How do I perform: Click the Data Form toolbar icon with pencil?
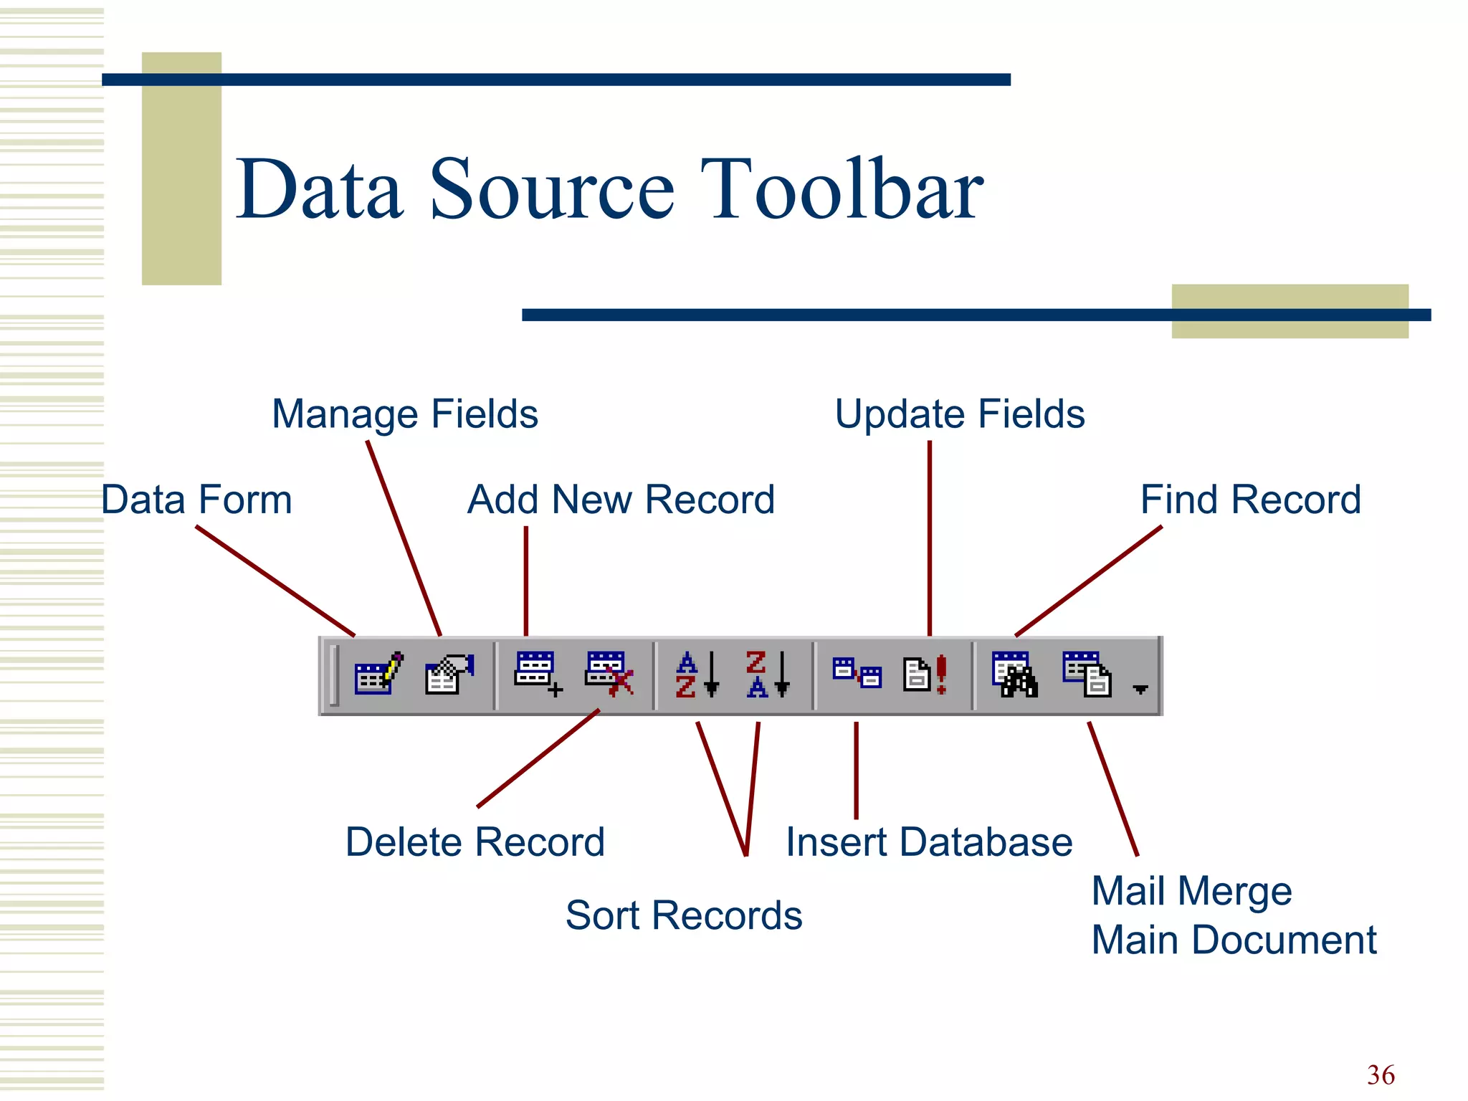pos(378,674)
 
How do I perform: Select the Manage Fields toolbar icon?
pos(449,674)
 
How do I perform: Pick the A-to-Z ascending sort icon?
pos(696,674)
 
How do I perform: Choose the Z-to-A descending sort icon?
pos(766,674)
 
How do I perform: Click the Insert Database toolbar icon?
pos(857,674)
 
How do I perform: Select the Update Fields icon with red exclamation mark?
pos(925,674)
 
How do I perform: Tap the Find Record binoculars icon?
pos(1014,674)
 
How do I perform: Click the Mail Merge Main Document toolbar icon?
pos(1086,674)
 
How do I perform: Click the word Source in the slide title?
pos(552,190)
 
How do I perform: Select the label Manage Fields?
pos(405,414)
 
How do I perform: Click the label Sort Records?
pos(683,915)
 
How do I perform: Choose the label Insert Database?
pos(929,842)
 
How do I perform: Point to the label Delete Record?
pos(475,842)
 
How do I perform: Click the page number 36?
pos(1381,1074)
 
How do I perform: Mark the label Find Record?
pos(1250,500)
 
